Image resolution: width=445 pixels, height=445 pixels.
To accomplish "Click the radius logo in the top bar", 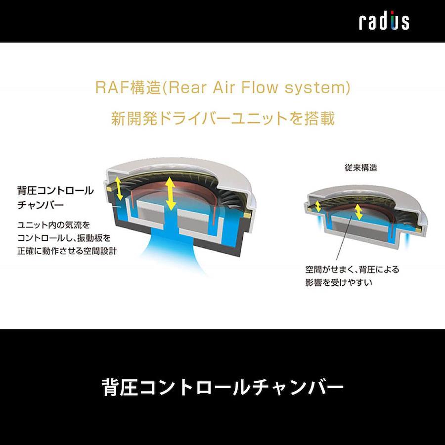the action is tap(384, 20).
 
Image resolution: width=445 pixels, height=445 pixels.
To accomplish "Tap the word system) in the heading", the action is tap(317, 88).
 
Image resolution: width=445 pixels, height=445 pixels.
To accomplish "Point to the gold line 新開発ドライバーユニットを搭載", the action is tap(223, 118).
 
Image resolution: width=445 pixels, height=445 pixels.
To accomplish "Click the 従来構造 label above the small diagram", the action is tap(361, 168).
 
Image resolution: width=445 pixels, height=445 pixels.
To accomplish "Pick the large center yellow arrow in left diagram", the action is tap(170, 193).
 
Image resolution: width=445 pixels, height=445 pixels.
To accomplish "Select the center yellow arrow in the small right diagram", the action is tap(358, 212).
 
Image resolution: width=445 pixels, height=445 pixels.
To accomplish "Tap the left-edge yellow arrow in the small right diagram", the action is tap(318, 206).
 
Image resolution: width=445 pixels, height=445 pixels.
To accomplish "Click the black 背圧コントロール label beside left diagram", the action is tap(55, 190).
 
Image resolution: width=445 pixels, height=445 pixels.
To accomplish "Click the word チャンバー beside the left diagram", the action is tap(41, 205).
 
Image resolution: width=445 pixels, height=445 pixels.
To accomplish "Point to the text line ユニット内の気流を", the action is tap(53, 225).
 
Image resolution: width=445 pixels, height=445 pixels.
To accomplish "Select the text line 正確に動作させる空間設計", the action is tap(67, 251).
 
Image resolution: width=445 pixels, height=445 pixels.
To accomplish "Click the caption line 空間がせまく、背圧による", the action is tap(352, 269).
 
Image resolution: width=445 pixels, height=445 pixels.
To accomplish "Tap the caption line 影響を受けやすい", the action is tap(339, 282).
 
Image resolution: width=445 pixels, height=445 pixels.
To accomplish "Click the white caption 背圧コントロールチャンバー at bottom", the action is tap(222, 387).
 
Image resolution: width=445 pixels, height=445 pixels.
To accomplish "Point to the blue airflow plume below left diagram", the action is tap(174, 250).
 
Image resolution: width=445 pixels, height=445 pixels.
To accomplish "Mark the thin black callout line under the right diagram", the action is tap(344, 237).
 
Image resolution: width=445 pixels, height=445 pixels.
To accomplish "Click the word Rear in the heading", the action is tap(187, 87).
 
